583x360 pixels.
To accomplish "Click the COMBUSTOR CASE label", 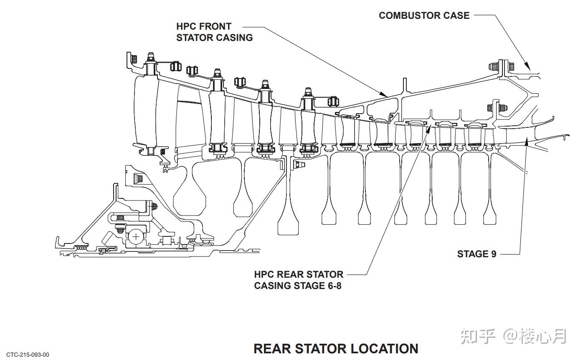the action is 424,15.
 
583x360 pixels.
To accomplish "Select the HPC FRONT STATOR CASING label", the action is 215,32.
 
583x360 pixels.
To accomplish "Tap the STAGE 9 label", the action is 477,254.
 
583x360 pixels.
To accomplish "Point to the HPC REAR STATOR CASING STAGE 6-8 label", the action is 299,280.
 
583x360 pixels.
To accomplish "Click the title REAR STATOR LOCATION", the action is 336,349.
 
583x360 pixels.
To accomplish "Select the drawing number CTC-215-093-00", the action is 28,355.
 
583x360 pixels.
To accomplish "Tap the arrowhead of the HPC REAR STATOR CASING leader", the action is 428,129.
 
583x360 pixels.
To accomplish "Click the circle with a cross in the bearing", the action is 136,237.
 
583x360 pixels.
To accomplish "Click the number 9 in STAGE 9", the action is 494,254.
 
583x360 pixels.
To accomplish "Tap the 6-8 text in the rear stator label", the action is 334,286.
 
